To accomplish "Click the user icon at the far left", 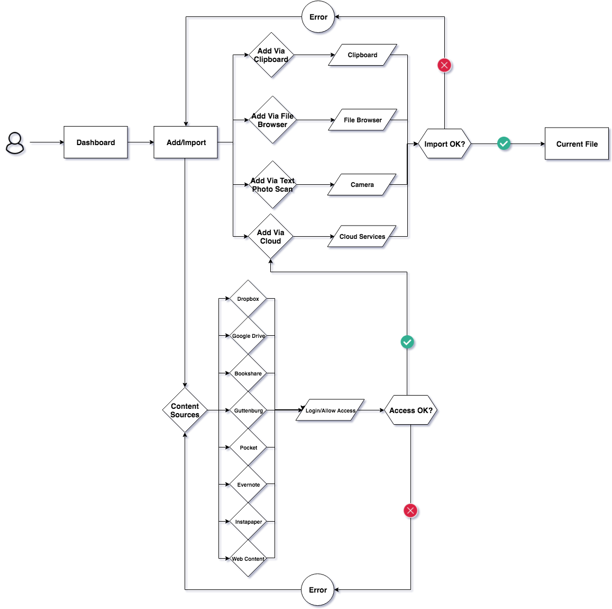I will click(15, 143).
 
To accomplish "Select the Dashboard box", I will click(96, 142).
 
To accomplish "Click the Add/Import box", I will click(186, 142).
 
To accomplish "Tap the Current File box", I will click(577, 144).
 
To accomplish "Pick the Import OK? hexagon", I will click(444, 144).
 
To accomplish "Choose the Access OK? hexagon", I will click(411, 410).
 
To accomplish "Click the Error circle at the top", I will click(318, 17).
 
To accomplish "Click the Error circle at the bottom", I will click(318, 589).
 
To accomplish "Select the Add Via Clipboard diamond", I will click(271, 55).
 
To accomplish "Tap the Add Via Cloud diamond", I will click(271, 237).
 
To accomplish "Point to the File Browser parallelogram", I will click(362, 120).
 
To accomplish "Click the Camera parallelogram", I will click(362, 185).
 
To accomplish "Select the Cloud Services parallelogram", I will click(362, 237).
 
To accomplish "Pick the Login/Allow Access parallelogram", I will click(330, 410).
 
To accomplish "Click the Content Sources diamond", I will click(185, 410).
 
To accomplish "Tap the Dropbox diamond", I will click(248, 299).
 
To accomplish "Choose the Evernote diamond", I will click(248, 485).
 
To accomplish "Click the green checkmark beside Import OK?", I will click(504, 144).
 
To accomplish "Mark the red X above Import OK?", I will click(444, 65).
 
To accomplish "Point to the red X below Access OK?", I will click(410, 511).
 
